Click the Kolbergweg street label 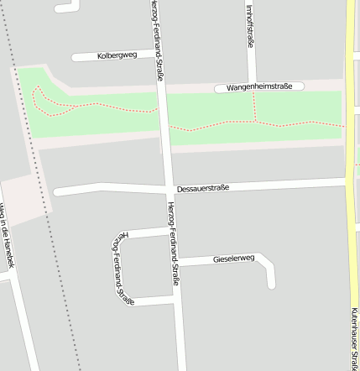click(x=117, y=55)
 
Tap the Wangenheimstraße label click(x=259, y=87)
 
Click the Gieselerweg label click(x=233, y=259)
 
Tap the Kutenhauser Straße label click(x=355, y=336)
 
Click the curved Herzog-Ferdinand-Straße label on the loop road click(x=121, y=267)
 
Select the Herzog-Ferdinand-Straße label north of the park click(x=158, y=42)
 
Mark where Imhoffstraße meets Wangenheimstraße click(x=253, y=86)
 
